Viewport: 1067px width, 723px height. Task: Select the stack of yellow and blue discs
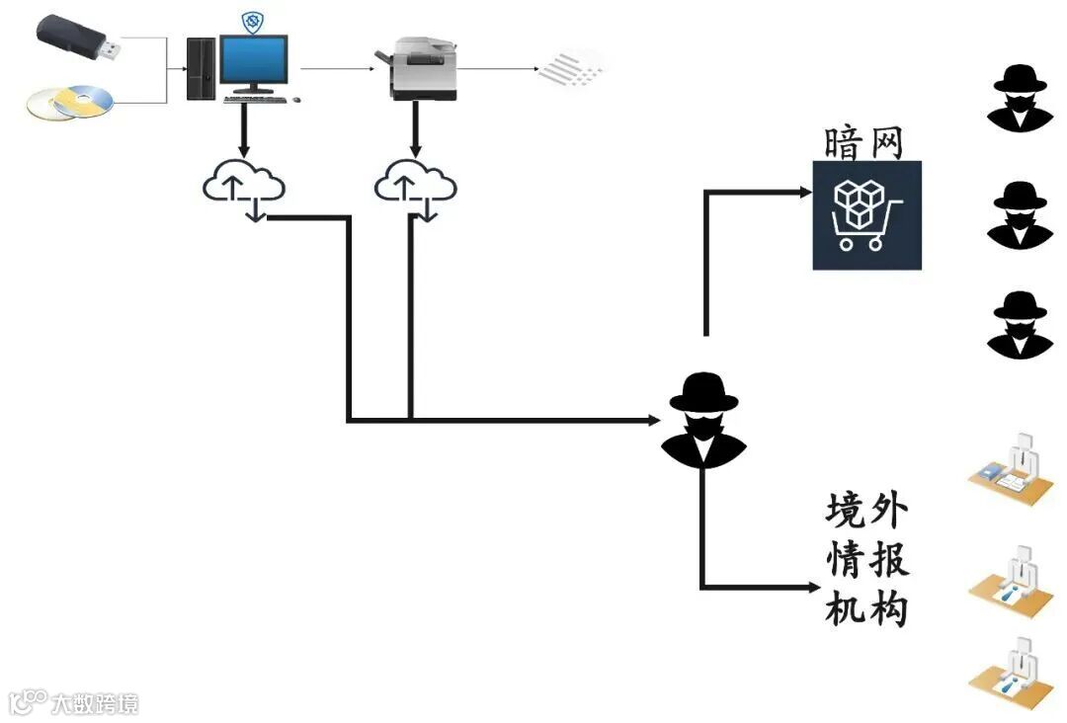pyautogui.click(x=70, y=103)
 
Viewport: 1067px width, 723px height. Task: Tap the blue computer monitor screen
pyautogui.click(x=255, y=61)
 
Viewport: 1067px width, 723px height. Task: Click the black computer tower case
pyautogui.click(x=201, y=68)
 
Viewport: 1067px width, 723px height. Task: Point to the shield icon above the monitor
pyautogui.click(x=253, y=22)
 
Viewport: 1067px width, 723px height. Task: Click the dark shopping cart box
pyautogui.click(x=866, y=215)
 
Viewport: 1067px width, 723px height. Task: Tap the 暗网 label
pyautogui.click(x=864, y=144)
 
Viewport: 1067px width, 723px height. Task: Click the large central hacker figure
pyautogui.click(x=703, y=419)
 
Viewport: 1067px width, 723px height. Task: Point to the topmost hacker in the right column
pyautogui.click(x=1021, y=98)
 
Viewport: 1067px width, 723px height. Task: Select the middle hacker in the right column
pyautogui.click(x=1021, y=213)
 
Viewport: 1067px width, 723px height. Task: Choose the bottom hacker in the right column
pyautogui.click(x=1021, y=324)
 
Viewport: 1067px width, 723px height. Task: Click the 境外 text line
pyautogui.click(x=865, y=512)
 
